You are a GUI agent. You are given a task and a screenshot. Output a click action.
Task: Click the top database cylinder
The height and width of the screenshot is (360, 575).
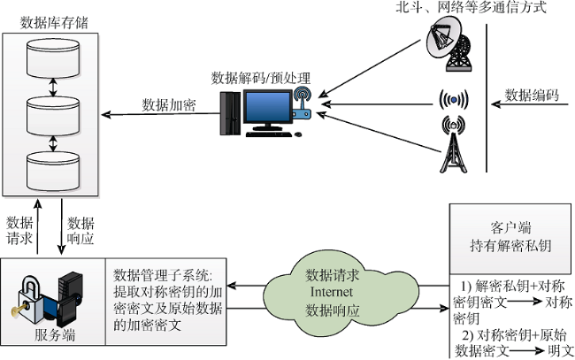53,57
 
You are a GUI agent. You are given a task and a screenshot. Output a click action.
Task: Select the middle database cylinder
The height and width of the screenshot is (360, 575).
53,116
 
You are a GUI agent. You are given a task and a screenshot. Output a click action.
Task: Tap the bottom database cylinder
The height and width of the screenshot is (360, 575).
53,172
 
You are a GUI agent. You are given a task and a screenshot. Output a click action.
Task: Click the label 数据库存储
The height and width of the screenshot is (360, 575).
54,23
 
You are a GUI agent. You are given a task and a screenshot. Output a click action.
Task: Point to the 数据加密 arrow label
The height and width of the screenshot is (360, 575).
169,105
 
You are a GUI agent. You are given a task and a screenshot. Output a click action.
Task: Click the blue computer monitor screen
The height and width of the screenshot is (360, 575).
268,107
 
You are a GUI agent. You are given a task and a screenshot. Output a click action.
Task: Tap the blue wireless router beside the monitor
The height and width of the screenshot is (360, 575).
302,103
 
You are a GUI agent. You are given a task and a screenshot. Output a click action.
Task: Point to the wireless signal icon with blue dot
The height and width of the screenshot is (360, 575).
454,99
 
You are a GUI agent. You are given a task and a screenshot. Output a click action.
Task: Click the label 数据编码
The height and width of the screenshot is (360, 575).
532,95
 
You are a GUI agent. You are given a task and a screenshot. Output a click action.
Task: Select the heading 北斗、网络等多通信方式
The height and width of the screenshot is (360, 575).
471,7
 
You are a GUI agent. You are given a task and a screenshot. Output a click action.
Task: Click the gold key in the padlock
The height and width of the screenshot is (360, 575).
19,309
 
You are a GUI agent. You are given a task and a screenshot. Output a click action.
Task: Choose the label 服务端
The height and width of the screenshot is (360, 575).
55,335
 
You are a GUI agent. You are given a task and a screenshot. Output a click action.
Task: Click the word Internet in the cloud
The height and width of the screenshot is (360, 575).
332,292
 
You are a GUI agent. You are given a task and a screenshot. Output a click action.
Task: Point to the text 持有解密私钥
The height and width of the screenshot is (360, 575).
510,246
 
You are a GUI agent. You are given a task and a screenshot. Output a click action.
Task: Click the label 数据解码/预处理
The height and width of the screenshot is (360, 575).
261,78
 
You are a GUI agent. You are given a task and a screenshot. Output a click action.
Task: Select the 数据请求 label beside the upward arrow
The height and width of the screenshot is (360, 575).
19,231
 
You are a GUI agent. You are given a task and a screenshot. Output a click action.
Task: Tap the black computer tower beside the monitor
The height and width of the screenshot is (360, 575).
230,113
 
